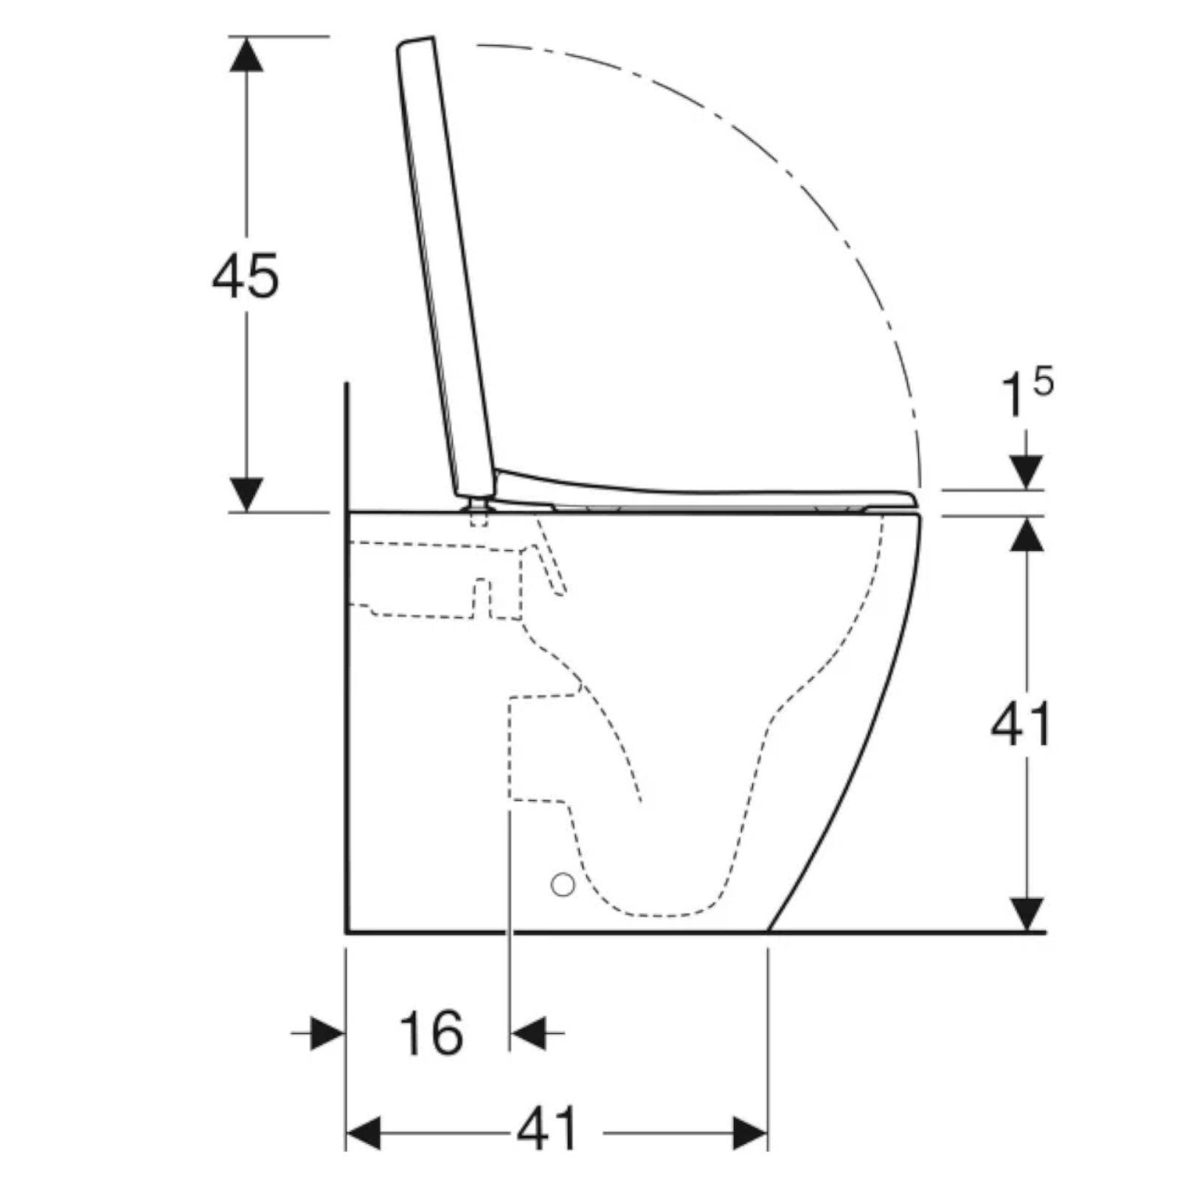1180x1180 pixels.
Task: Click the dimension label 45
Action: click(x=246, y=276)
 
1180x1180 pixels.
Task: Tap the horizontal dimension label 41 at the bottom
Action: click(x=547, y=1128)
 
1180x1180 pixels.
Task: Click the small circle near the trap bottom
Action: click(x=563, y=884)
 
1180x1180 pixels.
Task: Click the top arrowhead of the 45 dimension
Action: click(x=246, y=55)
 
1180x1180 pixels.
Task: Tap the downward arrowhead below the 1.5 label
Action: click(x=1026, y=471)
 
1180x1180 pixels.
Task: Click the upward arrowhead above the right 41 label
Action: click(x=1026, y=534)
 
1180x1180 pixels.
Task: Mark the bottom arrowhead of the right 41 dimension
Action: click(x=1026, y=914)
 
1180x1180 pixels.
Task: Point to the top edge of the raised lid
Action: click(x=416, y=41)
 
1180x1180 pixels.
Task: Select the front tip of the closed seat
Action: click(x=913, y=499)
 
